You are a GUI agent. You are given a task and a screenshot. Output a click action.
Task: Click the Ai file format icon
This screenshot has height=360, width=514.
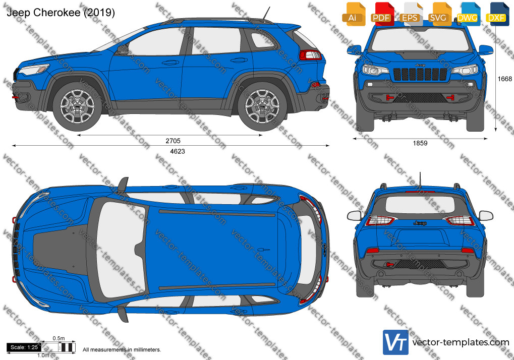(354, 14)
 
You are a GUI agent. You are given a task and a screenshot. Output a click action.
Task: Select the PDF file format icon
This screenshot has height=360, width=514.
(382, 14)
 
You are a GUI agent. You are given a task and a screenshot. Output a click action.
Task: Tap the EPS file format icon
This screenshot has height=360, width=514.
(411, 14)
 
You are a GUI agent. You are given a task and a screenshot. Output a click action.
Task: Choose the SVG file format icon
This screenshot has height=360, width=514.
(439, 14)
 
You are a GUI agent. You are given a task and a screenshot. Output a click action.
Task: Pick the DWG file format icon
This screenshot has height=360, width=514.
(468, 14)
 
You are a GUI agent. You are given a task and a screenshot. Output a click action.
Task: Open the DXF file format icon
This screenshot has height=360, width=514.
(497, 14)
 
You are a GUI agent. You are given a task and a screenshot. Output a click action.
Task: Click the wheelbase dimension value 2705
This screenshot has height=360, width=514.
(173, 141)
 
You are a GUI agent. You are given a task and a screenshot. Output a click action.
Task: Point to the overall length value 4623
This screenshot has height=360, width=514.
(178, 151)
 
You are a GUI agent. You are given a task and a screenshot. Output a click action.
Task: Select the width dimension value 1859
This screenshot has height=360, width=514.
(420, 143)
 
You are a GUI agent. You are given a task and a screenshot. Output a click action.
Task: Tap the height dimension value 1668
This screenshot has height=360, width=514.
(504, 79)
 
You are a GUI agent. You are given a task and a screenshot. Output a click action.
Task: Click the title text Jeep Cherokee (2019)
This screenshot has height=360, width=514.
(61, 13)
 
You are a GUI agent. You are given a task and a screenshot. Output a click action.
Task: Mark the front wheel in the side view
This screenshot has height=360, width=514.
(77, 106)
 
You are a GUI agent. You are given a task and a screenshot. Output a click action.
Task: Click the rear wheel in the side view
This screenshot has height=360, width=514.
(262, 106)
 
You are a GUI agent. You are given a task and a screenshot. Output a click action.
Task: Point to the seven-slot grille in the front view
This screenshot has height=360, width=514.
(420, 74)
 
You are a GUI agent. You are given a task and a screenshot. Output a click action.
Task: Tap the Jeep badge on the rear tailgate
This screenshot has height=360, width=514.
(420, 223)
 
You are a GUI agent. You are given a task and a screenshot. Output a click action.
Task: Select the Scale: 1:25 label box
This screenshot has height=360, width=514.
(24, 347)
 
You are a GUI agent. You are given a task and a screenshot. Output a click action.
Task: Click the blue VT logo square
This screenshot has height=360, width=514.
(395, 342)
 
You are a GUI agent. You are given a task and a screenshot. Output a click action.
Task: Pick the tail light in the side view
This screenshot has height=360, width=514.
(310, 54)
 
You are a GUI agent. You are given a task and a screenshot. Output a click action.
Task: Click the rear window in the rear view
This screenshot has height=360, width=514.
(420, 204)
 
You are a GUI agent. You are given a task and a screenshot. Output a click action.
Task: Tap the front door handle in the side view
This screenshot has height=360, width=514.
(170, 62)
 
